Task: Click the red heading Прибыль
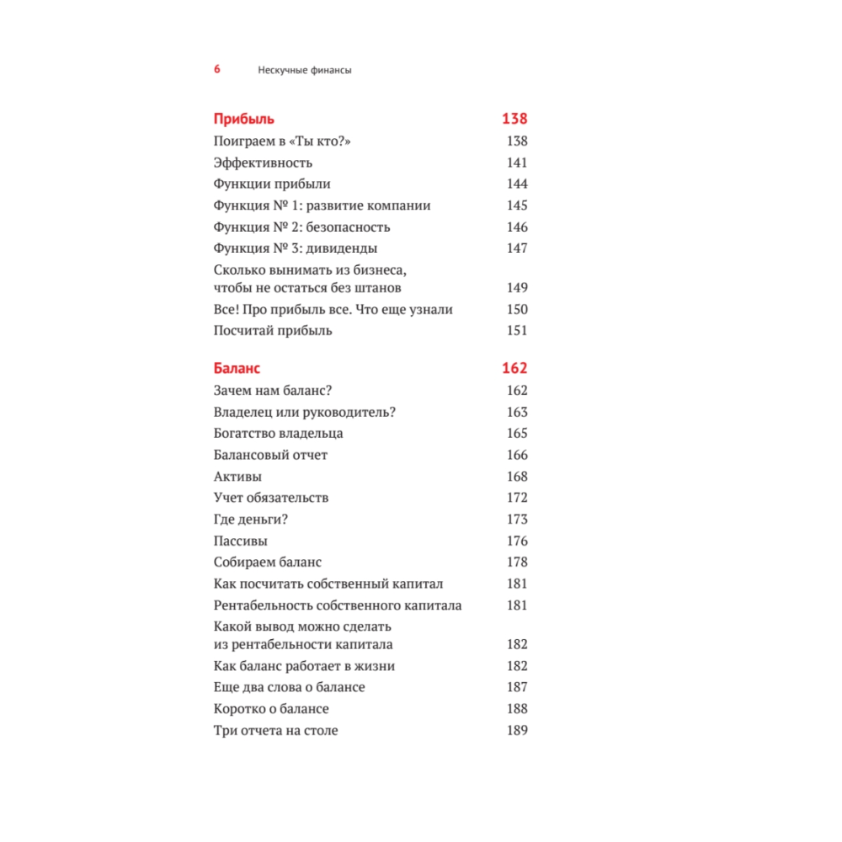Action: (x=244, y=119)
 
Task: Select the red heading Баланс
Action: (x=237, y=369)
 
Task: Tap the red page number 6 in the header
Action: (x=217, y=70)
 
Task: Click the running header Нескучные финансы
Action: (x=304, y=71)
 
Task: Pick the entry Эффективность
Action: (x=263, y=163)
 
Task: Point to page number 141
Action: (x=517, y=163)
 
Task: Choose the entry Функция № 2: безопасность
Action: (x=302, y=226)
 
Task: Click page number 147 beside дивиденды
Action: (x=517, y=248)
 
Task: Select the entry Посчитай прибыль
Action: (x=273, y=330)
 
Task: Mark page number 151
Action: (x=517, y=330)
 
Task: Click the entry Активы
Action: (x=237, y=477)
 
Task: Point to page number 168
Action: (x=517, y=477)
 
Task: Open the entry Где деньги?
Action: (x=252, y=520)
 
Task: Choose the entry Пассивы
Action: (x=241, y=541)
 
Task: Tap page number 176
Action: (x=517, y=541)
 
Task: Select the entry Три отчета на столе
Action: (x=276, y=731)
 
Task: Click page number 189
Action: (x=517, y=731)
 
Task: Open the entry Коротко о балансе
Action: (x=271, y=709)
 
